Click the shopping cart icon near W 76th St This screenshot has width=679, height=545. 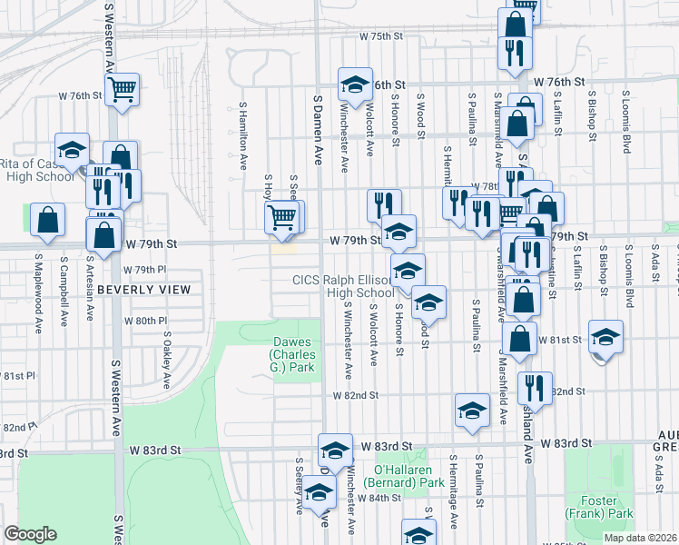tap(123, 89)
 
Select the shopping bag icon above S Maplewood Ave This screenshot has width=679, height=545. tap(47, 219)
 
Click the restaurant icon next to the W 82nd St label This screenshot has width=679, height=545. tap(535, 386)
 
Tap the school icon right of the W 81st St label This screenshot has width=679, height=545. tap(605, 336)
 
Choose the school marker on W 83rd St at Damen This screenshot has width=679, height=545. tap(335, 450)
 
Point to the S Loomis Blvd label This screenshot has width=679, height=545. tap(626, 121)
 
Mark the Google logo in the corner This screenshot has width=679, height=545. tap(30, 534)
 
